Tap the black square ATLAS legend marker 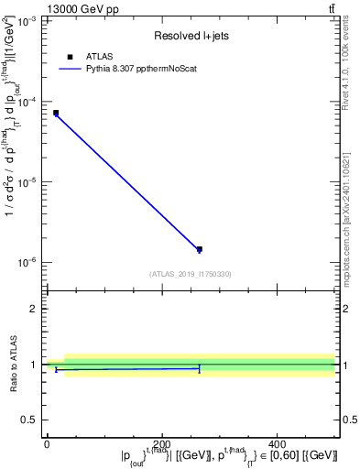point(70,57)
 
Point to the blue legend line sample point(70,69)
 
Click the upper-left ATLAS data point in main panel point(56,114)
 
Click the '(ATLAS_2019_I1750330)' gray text point(191,274)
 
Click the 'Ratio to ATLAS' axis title point(13,364)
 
